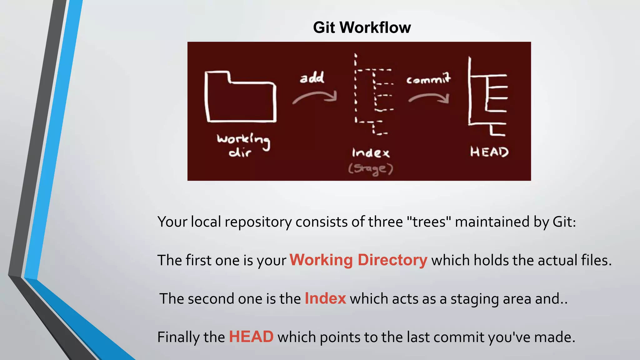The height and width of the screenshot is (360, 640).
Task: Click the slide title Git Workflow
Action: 362,27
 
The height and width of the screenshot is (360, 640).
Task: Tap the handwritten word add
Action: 312,78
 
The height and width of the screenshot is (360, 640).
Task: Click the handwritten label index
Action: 371,153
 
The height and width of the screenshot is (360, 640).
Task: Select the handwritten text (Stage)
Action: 371,169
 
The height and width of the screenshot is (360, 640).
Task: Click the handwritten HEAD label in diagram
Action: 489,152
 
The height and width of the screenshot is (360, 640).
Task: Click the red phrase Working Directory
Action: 358,260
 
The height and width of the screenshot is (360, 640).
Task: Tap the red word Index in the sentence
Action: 325,298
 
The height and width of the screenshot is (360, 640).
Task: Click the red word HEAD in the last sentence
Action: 251,337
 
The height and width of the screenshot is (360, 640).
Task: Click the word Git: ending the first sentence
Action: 564,222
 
